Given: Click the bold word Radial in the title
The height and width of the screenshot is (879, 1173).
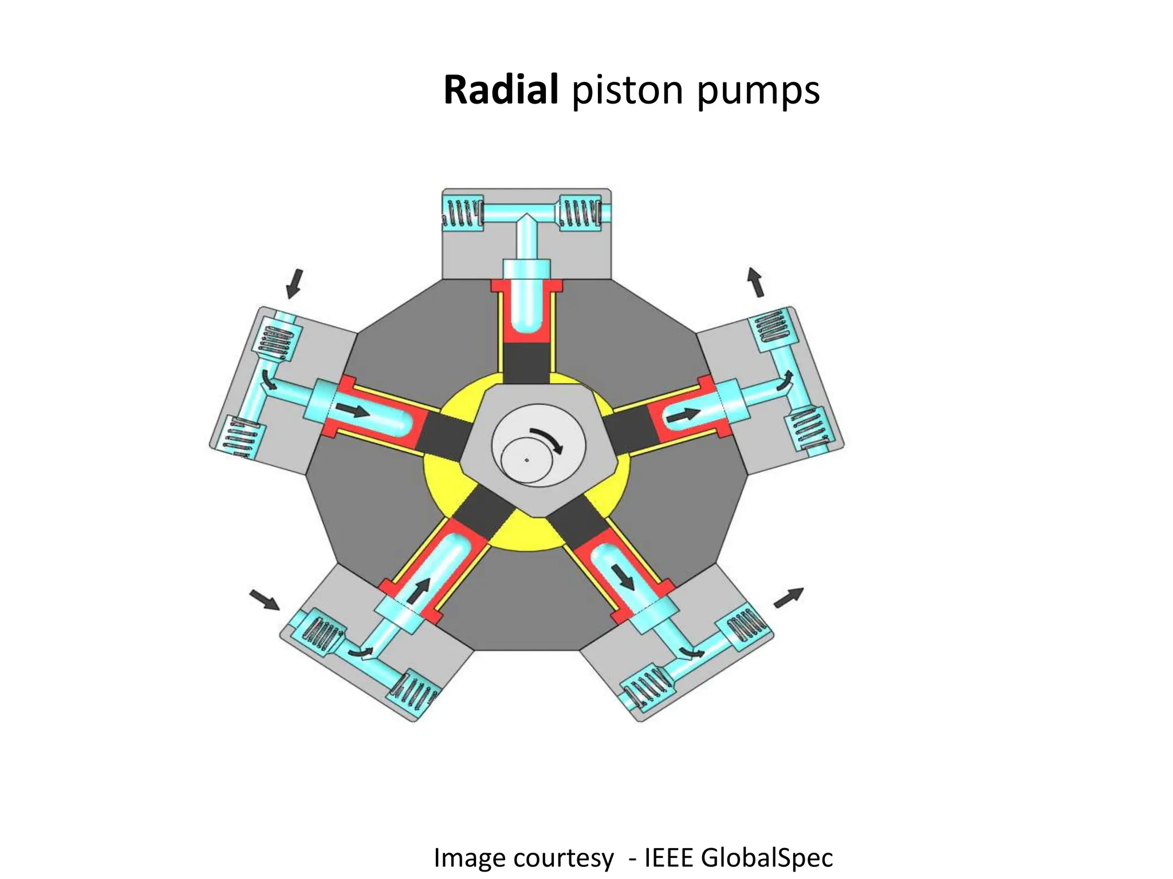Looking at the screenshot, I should [501, 90].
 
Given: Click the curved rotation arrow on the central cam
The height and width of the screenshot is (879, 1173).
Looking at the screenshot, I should [546, 438].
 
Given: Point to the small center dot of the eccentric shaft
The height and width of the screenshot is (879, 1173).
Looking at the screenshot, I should [526, 460].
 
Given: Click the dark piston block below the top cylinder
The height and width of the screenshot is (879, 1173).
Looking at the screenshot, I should [526, 363].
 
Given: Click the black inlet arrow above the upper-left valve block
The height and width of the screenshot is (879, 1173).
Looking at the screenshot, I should [294, 283].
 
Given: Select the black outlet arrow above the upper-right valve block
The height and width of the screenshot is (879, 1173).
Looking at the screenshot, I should [755, 282].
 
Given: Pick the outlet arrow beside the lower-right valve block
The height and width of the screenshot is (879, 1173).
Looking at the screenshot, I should [788, 597].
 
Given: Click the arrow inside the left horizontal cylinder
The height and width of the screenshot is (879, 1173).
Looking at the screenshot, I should [352, 410].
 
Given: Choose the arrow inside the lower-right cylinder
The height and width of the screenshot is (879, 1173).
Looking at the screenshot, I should [623, 576].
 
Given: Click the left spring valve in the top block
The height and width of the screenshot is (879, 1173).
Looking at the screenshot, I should [462, 213].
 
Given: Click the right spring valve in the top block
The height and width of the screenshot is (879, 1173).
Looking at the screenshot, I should [580, 213].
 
